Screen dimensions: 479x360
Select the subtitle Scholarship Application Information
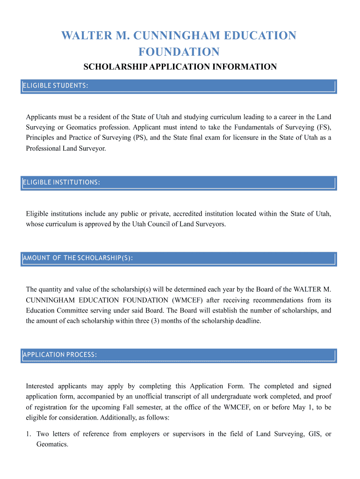click(x=180, y=67)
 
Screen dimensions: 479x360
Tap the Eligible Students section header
click(x=56, y=86)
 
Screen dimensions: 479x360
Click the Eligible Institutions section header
click(x=61, y=182)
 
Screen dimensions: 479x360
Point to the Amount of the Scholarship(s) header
click(x=78, y=258)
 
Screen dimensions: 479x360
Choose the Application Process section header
click(x=60, y=355)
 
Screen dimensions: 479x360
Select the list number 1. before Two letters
click(x=29, y=434)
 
